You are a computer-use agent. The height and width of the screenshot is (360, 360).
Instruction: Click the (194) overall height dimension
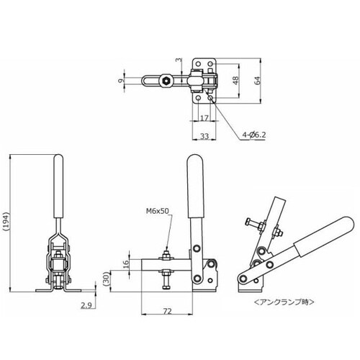pos(6,221)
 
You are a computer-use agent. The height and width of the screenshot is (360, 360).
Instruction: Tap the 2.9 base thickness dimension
pos(86,305)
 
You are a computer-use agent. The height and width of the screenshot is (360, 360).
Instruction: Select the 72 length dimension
pos(167,311)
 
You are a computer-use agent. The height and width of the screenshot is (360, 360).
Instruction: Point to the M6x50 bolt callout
pos(158,211)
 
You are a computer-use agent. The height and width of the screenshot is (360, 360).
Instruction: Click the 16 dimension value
pos(126,264)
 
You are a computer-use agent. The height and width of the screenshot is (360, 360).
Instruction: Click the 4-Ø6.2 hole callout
pos(254,135)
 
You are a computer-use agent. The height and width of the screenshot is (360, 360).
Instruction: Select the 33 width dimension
pos(204,136)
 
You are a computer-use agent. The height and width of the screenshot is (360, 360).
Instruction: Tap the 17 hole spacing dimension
pos(204,118)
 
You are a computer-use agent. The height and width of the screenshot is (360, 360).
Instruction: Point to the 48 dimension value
pos(236,81)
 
